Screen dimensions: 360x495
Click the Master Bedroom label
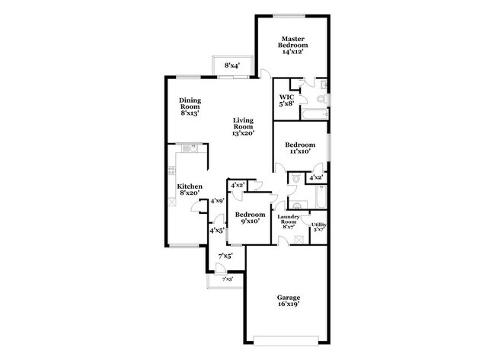pos(292,41)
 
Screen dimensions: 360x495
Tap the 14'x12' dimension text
pos(292,51)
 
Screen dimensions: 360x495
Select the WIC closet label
pos(286,97)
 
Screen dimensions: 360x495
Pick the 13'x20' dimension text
pos(244,133)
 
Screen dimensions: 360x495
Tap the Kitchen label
pos(190,186)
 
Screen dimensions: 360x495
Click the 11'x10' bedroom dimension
pos(299,151)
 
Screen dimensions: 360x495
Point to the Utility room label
pos(318,224)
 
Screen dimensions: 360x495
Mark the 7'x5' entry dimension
pos(226,256)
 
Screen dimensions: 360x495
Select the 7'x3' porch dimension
pos(227,280)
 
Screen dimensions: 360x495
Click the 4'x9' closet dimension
pos(217,201)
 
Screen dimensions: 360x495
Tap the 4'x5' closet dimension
pos(217,230)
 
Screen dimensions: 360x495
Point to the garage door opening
pos(288,337)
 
